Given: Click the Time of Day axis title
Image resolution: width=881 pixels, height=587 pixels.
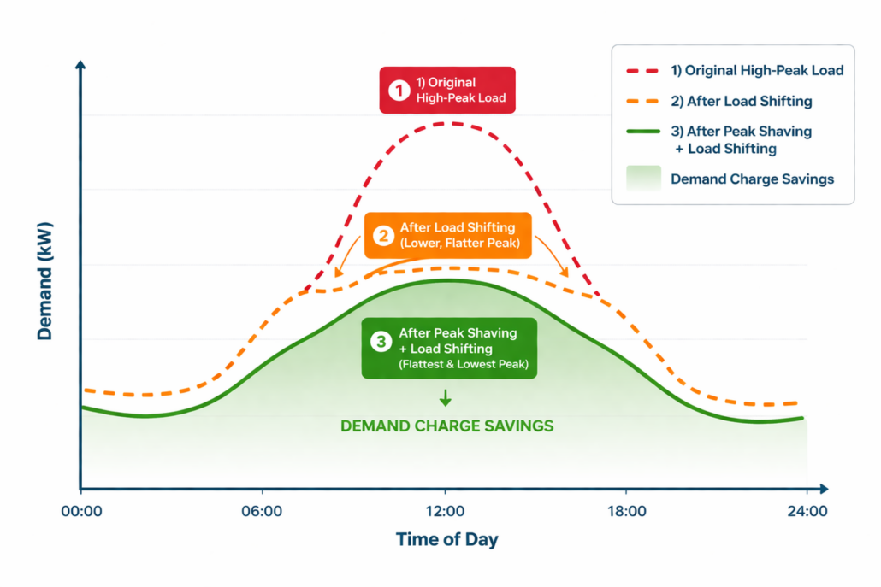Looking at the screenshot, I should point(446,540).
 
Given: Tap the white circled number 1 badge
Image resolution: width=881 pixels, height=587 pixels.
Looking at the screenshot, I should point(399,91).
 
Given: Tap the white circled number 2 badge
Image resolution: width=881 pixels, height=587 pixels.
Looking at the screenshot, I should point(382,235).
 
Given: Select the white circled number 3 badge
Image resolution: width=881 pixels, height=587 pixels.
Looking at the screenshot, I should point(381,341).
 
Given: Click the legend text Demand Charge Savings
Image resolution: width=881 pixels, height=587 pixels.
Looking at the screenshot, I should point(752,179).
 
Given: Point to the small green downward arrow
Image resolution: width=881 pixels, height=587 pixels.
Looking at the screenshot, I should point(445,398).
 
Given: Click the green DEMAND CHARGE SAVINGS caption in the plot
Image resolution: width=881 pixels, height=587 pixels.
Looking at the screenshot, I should point(446,426).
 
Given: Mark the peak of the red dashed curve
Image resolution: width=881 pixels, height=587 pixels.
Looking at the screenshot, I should point(446,123).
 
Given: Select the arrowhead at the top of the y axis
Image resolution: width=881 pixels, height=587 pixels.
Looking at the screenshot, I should point(80,66).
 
